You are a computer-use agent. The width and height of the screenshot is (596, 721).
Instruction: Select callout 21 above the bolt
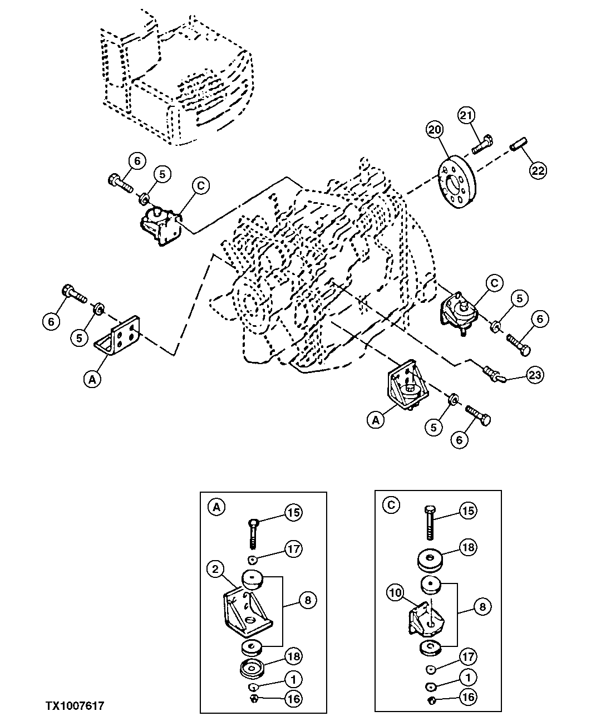[467, 116]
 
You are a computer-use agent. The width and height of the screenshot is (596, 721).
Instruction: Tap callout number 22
[538, 170]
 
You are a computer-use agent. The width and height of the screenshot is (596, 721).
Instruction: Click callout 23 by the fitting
[535, 375]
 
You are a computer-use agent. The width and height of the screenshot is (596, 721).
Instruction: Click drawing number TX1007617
[75, 706]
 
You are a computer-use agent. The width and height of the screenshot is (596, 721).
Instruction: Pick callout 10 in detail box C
[395, 594]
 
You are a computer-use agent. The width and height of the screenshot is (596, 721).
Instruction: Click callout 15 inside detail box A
[293, 512]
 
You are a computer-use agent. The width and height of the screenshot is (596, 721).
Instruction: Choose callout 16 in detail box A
[293, 697]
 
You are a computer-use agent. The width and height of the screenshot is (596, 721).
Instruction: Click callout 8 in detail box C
[482, 606]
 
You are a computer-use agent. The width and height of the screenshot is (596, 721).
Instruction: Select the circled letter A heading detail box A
[216, 507]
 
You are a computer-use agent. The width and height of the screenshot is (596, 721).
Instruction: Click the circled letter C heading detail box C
[391, 505]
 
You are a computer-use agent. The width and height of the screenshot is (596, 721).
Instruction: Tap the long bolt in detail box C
[430, 524]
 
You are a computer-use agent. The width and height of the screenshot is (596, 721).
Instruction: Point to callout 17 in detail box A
[293, 548]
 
